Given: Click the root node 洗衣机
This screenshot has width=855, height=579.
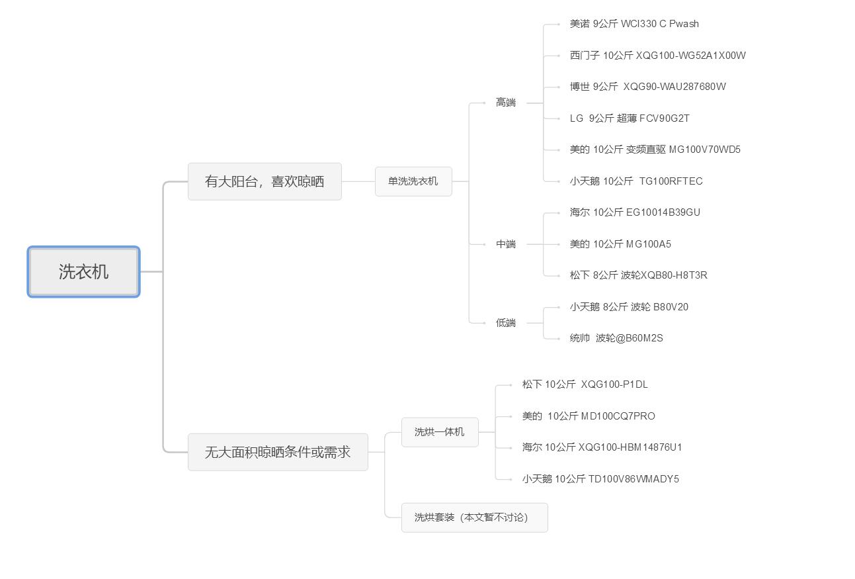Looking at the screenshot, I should [x=83, y=272].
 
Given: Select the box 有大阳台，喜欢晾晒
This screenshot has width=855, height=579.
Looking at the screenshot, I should [x=265, y=181].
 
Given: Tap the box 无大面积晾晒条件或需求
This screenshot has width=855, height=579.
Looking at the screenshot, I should [x=278, y=453].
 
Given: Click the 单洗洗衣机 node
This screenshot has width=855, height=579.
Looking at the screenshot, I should [x=413, y=181].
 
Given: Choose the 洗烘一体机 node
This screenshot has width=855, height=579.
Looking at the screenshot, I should [x=440, y=432].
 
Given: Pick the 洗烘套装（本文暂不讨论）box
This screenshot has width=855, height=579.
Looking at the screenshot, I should [x=474, y=517].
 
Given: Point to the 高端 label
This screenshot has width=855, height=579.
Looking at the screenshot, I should [x=506, y=103].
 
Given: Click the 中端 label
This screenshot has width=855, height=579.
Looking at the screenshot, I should [x=506, y=244].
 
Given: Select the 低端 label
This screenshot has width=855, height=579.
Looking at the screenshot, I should [x=506, y=323].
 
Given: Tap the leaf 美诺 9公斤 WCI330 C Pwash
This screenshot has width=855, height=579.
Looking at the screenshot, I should [x=634, y=24].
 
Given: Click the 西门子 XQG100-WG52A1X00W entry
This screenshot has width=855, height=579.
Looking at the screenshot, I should [x=657, y=56].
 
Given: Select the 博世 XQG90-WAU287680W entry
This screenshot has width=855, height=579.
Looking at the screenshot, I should [x=647, y=87].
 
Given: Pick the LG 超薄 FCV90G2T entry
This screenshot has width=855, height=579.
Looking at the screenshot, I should [x=630, y=118].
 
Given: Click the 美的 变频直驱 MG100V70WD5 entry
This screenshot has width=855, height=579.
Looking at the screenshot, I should [x=655, y=150].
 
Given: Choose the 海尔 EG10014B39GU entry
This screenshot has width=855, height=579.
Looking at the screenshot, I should [x=635, y=212].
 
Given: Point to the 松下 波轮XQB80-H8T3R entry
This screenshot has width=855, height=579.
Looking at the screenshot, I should [x=638, y=275].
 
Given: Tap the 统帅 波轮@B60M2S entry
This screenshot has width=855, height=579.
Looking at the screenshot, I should [x=616, y=338].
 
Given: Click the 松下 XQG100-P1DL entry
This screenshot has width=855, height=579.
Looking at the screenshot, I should [x=585, y=384].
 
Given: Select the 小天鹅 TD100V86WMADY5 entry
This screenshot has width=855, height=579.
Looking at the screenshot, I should [x=600, y=479].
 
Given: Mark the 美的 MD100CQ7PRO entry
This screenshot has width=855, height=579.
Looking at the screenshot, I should [x=589, y=416].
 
